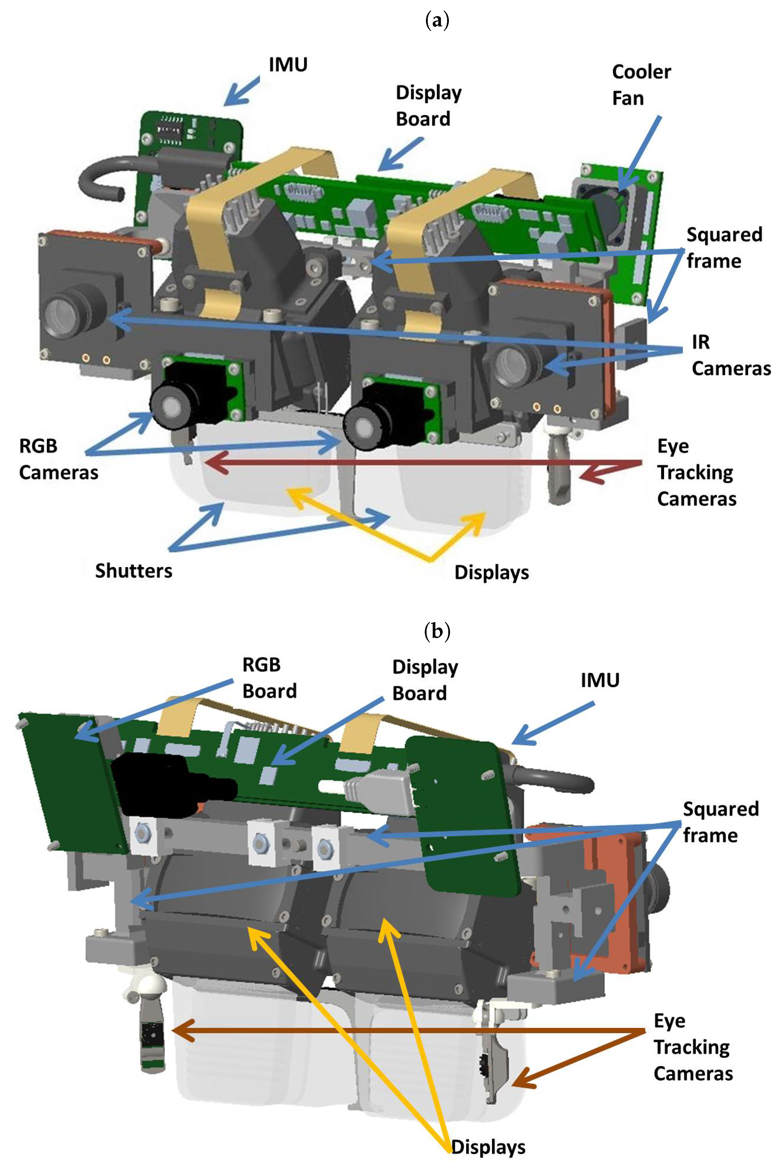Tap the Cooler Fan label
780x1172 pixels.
641,85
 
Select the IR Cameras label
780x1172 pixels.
730,355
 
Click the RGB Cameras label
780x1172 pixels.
58,459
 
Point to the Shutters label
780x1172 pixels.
133,570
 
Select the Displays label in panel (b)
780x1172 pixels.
488,1147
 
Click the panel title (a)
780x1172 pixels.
437,21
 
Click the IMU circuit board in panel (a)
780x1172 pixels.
191,132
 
